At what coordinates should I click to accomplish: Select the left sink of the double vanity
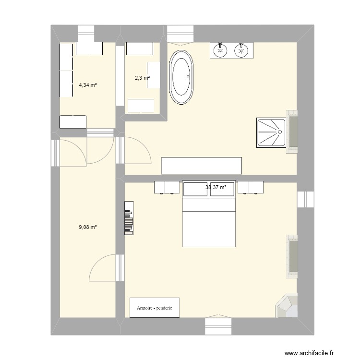220,50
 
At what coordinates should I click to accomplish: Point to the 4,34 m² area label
88,85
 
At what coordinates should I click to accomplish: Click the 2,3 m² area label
142,78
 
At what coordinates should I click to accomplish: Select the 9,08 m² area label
88,227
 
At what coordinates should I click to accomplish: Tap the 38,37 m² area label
216,188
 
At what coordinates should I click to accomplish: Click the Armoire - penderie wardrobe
155,307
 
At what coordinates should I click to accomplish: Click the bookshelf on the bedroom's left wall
129,218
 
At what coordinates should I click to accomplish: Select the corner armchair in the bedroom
287,305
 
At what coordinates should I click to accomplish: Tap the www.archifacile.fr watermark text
315,354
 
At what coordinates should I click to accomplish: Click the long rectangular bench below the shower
201,165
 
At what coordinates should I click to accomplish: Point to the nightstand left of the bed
166,187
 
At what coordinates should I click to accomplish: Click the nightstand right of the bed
251,187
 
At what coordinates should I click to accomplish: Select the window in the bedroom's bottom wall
219,325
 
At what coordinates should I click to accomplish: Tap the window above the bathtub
180,33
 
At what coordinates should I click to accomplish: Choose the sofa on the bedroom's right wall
292,257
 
